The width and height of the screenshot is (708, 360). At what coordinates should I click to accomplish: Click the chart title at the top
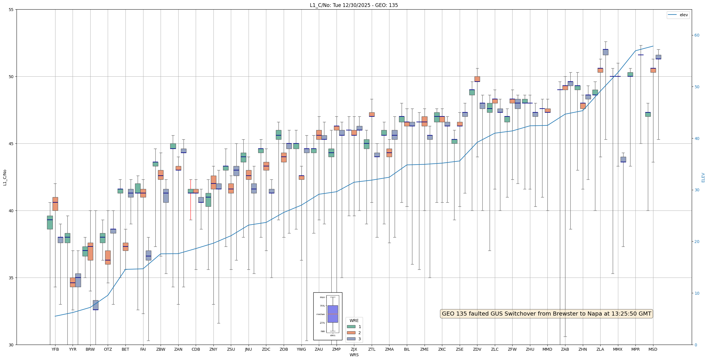coord(354,5)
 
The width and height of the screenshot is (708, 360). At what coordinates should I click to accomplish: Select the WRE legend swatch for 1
coord(351,327)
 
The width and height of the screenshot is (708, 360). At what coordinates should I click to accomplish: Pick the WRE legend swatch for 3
coord(351,339)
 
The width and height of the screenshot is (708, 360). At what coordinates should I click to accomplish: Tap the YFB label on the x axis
coord(55,349)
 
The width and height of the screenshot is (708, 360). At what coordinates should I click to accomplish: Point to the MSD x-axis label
coord(653,349)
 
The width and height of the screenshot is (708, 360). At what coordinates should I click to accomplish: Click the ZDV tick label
coord(477,349)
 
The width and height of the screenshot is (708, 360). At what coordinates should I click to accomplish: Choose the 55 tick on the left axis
coord(11,10)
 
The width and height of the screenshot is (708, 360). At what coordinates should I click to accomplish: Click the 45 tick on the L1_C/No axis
coord(11,144)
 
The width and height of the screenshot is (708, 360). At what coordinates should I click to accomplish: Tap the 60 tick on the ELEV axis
coord(697,35)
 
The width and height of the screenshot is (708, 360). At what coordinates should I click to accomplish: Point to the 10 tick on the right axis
coord(697,293)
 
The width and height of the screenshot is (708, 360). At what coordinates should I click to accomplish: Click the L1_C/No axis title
coord(5,177)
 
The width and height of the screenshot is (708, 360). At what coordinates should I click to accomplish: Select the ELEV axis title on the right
coord(703,177)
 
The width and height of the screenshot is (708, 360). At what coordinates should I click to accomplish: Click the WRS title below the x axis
coord(354,355)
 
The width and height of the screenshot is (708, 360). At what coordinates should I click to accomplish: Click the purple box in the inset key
coord(333,314)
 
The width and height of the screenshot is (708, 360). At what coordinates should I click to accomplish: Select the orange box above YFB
coord(55,204)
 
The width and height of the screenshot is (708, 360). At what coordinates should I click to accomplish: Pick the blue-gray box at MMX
coord(623,159)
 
